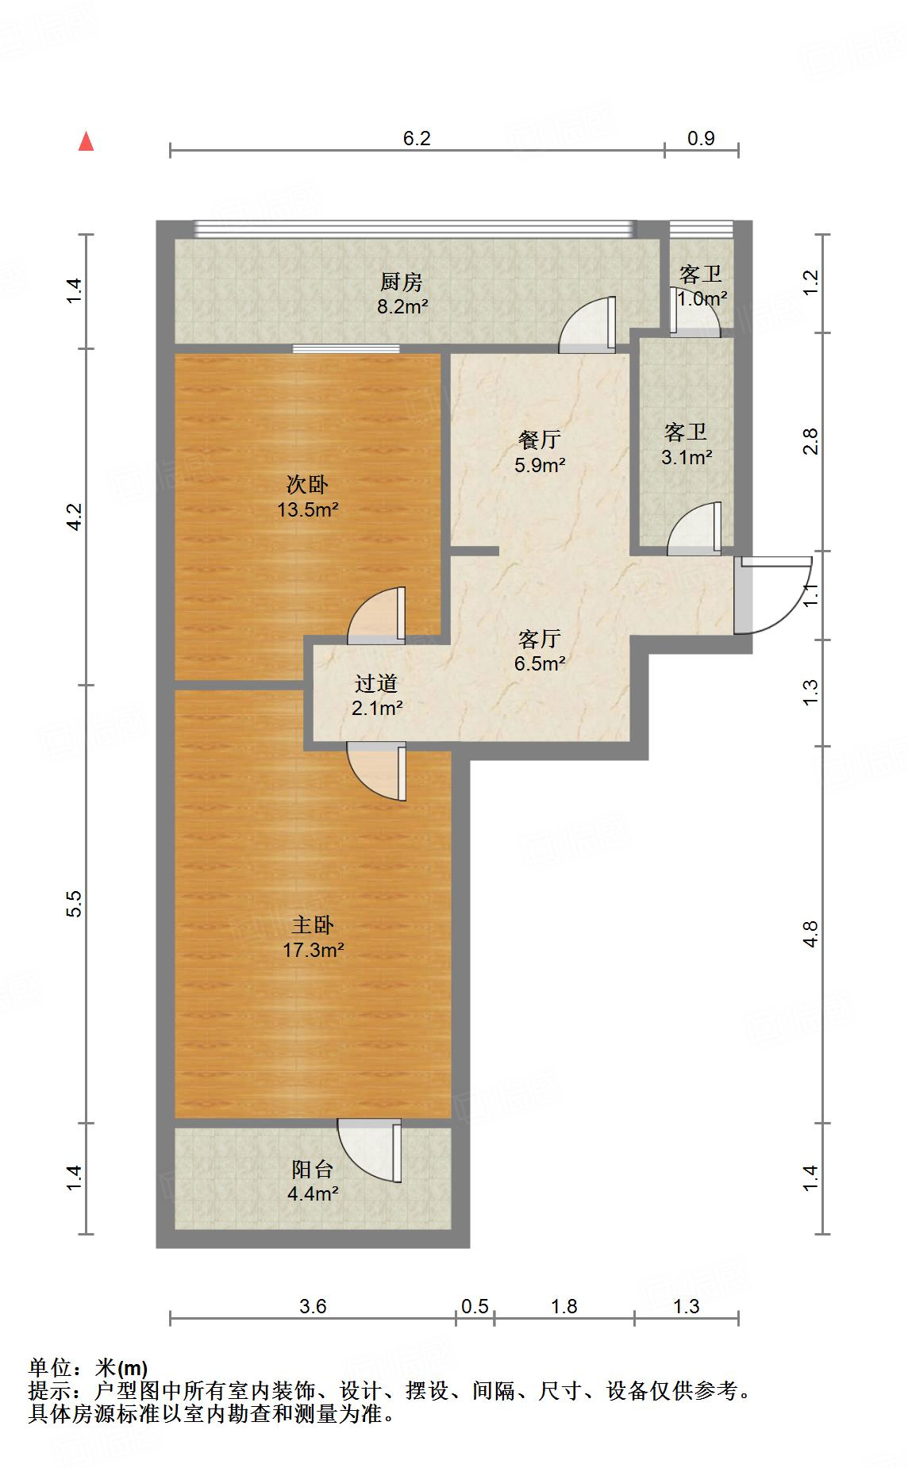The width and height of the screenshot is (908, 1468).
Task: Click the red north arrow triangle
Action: (x=87, y=142)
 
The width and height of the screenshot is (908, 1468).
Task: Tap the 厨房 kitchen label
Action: (x=402, y=282)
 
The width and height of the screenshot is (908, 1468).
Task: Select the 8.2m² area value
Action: (x=402, y=307)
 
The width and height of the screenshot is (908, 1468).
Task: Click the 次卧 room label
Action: (x=307, y=484)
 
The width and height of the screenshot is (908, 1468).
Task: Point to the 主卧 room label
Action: (x=313, y=924)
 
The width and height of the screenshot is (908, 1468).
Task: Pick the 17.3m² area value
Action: (x=313, y=950)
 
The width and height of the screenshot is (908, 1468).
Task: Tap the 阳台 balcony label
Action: (x=313, y=1169)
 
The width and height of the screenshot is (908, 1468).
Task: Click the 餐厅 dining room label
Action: (x=540, y=439)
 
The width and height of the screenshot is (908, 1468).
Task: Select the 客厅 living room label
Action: (x=540, y=638)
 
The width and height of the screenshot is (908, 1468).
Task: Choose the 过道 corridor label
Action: (x=376, y=683)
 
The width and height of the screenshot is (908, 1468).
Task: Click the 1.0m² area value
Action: (x=702, y=299)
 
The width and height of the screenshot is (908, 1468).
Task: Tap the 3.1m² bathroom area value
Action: (x=687, y=457)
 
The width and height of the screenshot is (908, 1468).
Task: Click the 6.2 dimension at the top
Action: (x=417, y=138)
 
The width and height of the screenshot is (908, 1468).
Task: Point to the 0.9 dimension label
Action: (x=701, y=138)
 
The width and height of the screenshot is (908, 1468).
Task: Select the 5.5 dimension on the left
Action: (x=74, y=904)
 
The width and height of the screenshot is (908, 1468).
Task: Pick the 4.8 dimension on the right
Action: (x=810, y=933)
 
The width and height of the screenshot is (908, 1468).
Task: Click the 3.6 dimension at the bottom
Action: (x=313, y=1306)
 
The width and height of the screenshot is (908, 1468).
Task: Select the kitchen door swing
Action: (x=587, y=324)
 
